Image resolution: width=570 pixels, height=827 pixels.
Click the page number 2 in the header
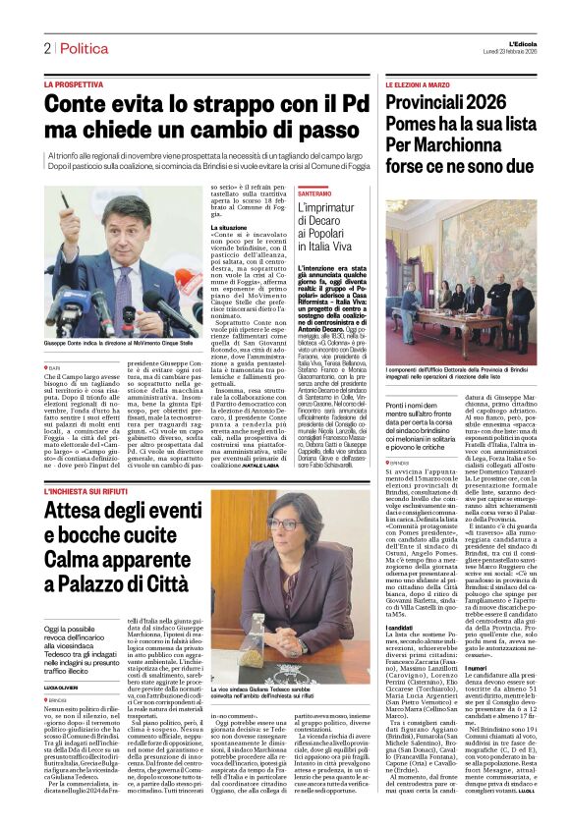[x=46, y=48]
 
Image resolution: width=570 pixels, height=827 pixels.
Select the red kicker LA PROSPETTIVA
[x=74, y=85]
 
